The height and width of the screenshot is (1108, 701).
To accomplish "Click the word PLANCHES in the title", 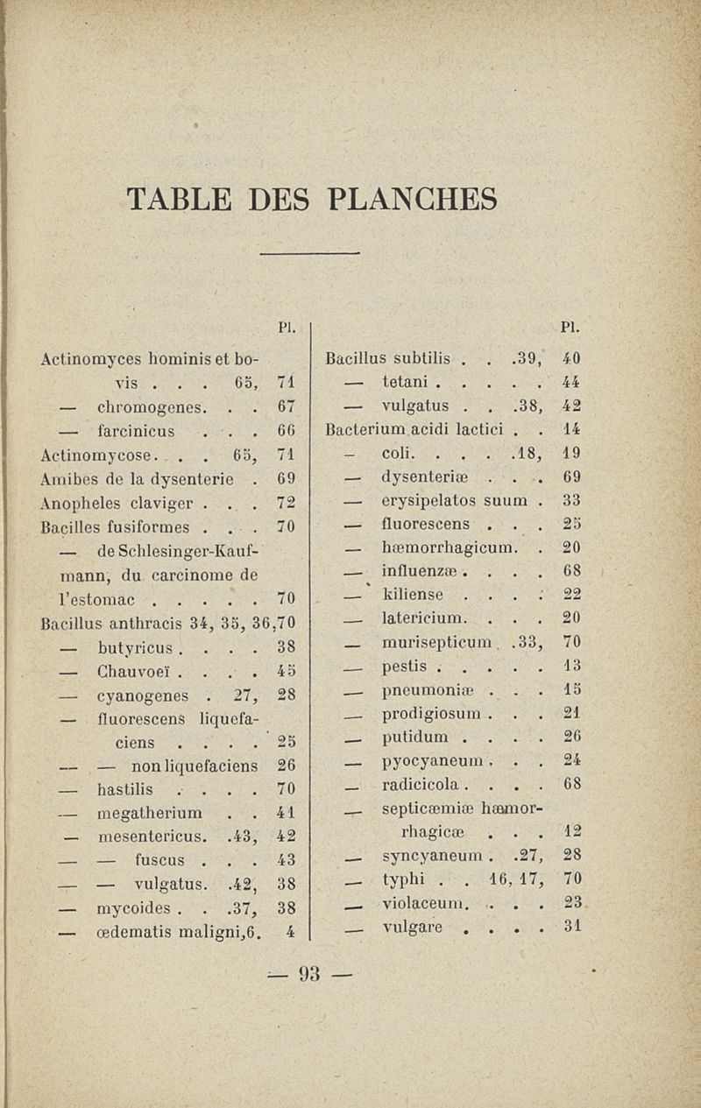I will (412, 199).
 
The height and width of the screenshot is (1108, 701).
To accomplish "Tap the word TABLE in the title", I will (179, 199).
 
